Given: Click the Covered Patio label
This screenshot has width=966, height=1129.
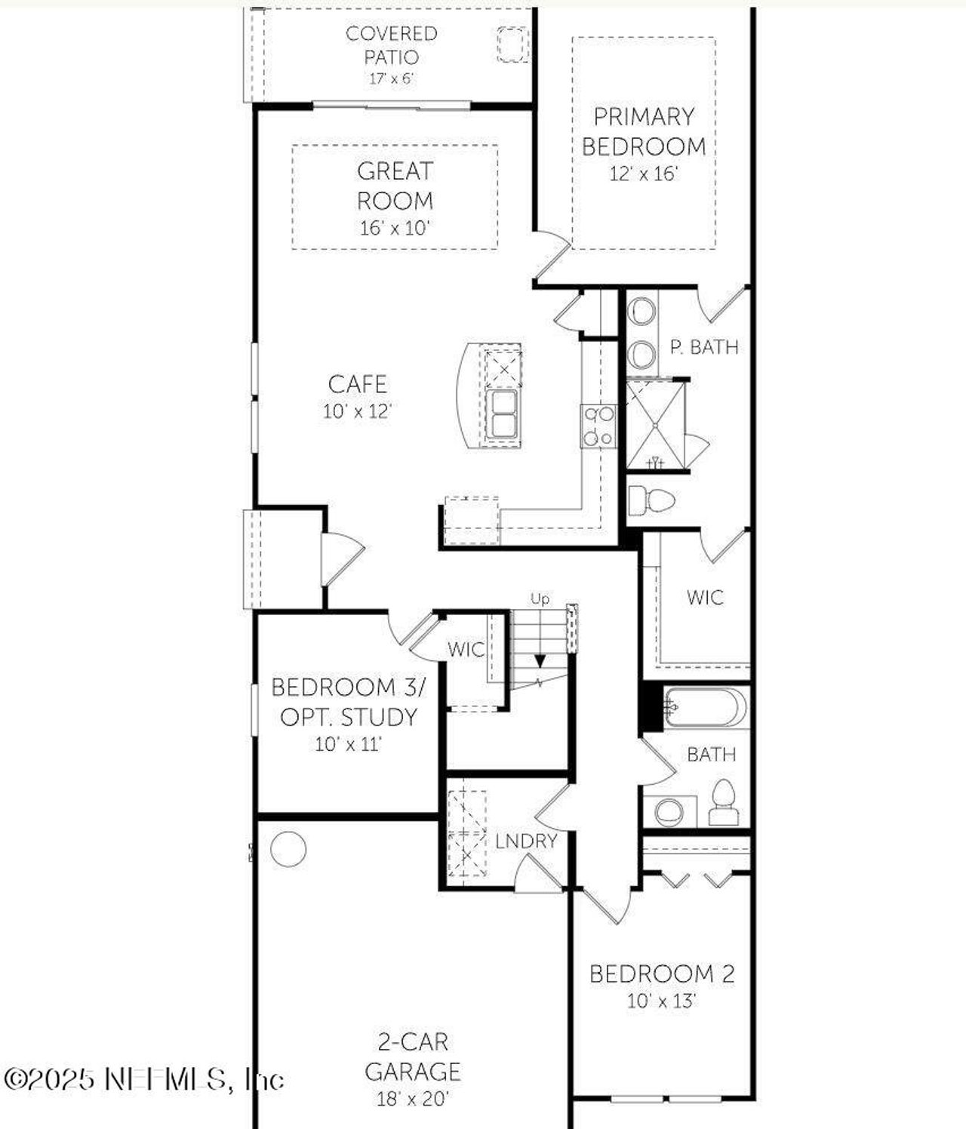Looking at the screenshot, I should coord(391,45).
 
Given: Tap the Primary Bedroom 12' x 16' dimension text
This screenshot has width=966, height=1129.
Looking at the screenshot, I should coord(644,174).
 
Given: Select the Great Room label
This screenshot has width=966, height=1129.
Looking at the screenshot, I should coord(395,186).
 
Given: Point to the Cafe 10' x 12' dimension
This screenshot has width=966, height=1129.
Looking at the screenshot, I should coord(357,411).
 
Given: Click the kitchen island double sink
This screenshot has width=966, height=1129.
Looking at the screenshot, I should coord(502,414).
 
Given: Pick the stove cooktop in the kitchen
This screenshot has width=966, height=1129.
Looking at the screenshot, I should coord(598,426).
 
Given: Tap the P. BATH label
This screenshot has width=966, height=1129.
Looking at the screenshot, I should coord(704,347).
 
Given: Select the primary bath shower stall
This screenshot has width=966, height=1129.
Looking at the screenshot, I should coord(655,425).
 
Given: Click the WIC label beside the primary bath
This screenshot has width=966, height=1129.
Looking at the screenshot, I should coord(705,598).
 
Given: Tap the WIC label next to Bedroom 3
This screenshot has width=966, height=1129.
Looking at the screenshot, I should coord(466,649).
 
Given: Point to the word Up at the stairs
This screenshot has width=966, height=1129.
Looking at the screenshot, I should coord(540,599).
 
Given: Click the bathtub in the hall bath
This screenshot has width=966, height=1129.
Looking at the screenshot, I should coord(705,708).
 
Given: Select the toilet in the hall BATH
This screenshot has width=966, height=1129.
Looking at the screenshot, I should coord(723,803).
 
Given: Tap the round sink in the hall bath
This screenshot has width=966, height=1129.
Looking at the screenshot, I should coord(669,812).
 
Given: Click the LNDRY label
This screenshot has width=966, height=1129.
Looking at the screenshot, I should coord(526,841).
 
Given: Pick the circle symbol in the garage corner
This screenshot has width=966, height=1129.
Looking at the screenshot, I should coord(288,849).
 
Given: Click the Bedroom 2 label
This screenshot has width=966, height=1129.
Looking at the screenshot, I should coord(661,974).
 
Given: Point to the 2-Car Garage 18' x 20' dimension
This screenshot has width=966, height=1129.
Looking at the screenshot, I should coord(413,1099).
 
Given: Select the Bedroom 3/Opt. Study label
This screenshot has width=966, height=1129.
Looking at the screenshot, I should coord(348,702).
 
